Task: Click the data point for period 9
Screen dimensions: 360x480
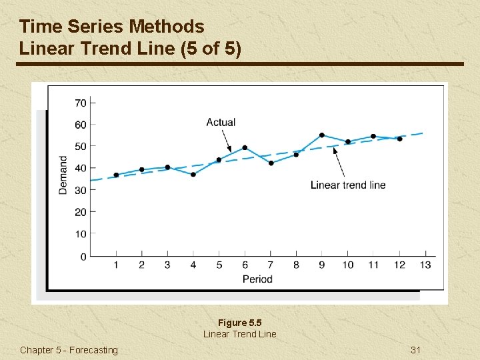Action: tap(322, 135)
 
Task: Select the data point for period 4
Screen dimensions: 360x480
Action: tap(193, 175)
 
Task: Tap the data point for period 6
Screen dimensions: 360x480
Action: tap(245, 147)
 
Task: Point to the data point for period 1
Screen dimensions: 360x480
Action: tap(116, 175)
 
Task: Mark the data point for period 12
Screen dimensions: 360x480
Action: tap(399, 139)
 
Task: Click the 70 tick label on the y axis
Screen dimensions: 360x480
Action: tap(80, 103)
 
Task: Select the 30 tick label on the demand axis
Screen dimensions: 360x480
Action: tap(80, 190)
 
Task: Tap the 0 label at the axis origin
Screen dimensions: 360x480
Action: tap(83, 257)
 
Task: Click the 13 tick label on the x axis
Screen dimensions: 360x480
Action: tap(425, 265)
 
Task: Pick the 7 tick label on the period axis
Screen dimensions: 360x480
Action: tap(270, 265)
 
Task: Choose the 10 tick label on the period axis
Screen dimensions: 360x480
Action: tap(347, 265)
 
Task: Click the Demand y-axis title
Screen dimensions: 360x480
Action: tap(63, 175)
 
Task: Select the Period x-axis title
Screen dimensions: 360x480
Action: tap(257, 279)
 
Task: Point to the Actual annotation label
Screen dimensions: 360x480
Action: tap(221, 122)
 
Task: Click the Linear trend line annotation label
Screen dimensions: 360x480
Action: tap(348, 185)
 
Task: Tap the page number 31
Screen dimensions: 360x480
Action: tap(416, 350)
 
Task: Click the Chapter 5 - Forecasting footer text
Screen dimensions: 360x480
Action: tap(69, 350)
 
